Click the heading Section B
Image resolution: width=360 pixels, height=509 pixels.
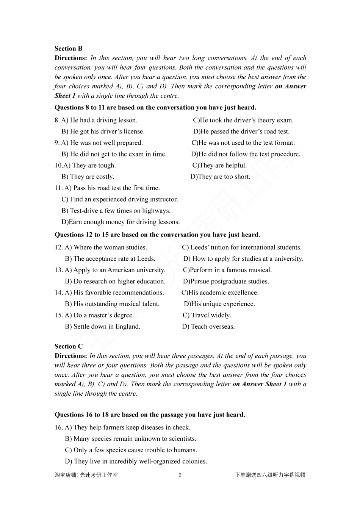[x=69, y=49]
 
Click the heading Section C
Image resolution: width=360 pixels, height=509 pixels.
[x=69, y=346]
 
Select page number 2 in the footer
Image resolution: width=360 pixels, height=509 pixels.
[x=180, y=475]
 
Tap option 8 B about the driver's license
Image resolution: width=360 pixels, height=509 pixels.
[x=103, y=132]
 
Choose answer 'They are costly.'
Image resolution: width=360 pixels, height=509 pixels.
[x=88, y=177]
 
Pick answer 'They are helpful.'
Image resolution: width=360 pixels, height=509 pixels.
[x=219, y=165]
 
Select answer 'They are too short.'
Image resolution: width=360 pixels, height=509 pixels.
[x=220, y=177]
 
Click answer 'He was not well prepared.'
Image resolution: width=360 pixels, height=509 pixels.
[x=102, y=143]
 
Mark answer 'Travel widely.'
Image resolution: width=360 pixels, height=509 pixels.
[x=207, y=315]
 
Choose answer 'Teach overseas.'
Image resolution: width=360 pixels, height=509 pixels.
[x=208, y=327]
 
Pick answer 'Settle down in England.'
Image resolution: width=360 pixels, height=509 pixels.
[x=103, y=327]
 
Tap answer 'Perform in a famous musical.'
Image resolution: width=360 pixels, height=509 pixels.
[x=227, y=270]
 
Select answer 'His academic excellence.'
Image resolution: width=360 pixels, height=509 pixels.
[x=220, y=293]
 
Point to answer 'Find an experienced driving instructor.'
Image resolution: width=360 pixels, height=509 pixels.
[x=120, y=199]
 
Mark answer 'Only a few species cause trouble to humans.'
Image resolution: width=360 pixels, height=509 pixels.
[x=131, y=450]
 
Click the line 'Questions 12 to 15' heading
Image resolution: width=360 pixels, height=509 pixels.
[x=157, y=235]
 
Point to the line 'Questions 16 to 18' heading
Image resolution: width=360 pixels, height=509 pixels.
[x=150, y=415]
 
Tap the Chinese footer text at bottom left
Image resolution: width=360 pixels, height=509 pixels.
[x=86, y=475]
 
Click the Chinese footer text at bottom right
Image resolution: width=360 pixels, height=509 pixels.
[x=270, y=475]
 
